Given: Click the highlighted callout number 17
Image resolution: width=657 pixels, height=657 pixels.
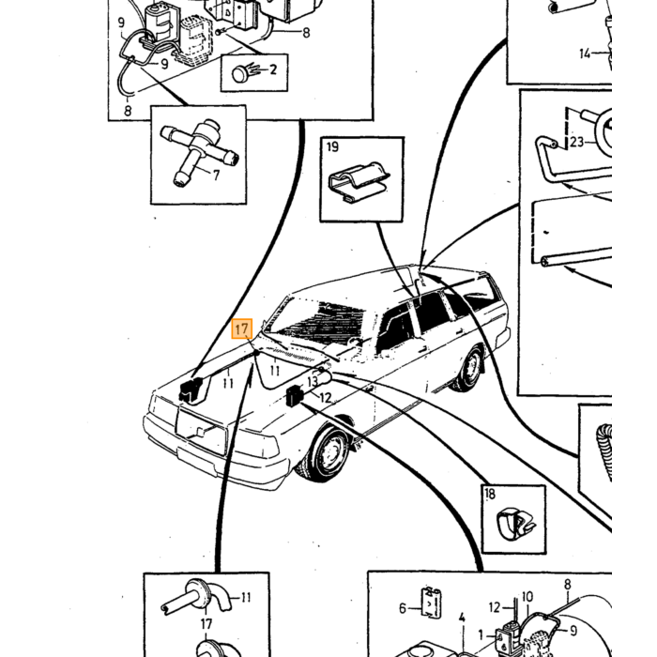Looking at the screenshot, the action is point(242,328).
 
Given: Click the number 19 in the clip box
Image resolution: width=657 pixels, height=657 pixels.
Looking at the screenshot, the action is point(332,146).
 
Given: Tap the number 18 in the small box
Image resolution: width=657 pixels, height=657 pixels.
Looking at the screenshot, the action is point(490,494).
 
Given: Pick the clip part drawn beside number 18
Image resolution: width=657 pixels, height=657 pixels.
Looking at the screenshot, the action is point(515,523).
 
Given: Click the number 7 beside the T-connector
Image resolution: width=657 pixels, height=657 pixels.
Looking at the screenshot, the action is point(216,175).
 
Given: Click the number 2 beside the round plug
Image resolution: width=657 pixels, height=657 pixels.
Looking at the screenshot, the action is point(273,69).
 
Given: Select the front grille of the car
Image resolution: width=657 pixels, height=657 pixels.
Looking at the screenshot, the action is point(202,431).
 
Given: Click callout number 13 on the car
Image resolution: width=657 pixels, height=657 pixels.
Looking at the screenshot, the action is point(313,381).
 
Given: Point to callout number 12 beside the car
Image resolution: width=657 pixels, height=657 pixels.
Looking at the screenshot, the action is point(326,397).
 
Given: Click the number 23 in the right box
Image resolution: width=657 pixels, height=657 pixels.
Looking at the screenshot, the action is point(576,142).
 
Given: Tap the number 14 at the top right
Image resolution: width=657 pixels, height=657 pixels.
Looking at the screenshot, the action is point(585,53).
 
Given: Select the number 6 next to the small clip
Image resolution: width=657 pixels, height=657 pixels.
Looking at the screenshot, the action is point(403,608).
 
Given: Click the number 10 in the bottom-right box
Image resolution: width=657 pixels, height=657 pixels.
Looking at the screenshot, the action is point(527,597).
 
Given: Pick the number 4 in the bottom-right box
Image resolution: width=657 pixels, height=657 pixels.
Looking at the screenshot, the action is point(462,618).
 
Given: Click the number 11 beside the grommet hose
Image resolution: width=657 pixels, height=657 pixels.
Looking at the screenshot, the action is point(246,597).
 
